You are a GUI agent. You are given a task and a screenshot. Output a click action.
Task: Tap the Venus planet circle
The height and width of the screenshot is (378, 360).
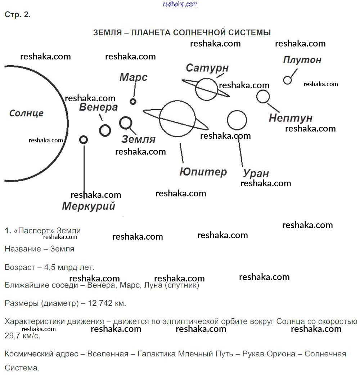click(x=105, y=125)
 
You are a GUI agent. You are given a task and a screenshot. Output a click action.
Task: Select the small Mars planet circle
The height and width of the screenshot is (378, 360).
click(x=133, y=99)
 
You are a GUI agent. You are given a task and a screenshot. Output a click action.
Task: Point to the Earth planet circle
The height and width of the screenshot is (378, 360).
click(x=126, y=117)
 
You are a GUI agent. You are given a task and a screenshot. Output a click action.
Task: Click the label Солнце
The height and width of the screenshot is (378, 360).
click(x=26, y=113)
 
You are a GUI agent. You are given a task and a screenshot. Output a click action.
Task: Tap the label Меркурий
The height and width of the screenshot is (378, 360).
click(x=89, y=206)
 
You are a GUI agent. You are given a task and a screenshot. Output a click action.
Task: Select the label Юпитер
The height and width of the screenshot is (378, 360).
click(x=203, y=172)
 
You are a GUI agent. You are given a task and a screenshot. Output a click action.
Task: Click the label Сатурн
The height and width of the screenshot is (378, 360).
click(x=207, y=68)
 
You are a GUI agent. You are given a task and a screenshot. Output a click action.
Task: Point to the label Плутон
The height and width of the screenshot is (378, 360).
click(x=302, y=60)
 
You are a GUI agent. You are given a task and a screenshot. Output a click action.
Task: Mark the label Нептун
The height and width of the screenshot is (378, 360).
click(x=291, y=118)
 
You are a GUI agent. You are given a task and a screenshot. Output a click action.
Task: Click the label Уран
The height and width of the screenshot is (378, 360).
click(x=256, y=173)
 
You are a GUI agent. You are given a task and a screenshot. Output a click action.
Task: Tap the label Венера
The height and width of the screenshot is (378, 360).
click(x=98, y=107)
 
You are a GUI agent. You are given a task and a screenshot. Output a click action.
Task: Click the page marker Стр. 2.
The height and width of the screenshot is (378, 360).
click(x=18, y=15)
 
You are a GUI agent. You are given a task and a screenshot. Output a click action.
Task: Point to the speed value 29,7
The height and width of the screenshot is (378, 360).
click(x=12, y=335)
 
